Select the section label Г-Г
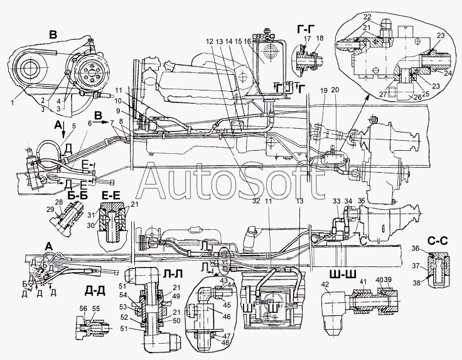(306, 28)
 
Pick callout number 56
(84, 308)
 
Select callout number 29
(50, 209)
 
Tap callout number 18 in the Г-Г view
(320, 38)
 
